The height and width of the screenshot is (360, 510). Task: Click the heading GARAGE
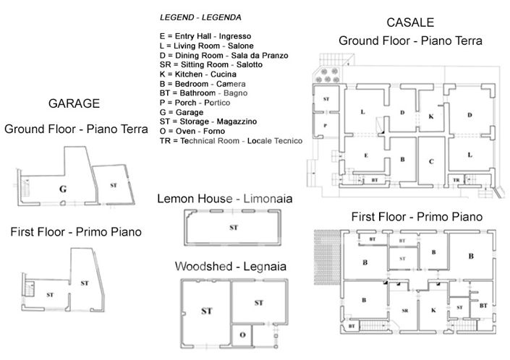pos(73,103)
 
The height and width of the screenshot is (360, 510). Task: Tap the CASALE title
pos(410,23)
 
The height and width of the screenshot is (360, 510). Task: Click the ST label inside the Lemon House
pos(234,228)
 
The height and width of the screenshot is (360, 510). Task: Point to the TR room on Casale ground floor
pos(456,179)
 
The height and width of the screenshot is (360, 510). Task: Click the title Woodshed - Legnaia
pos(231,267)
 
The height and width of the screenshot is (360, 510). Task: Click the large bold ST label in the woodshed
pos(205,312)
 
